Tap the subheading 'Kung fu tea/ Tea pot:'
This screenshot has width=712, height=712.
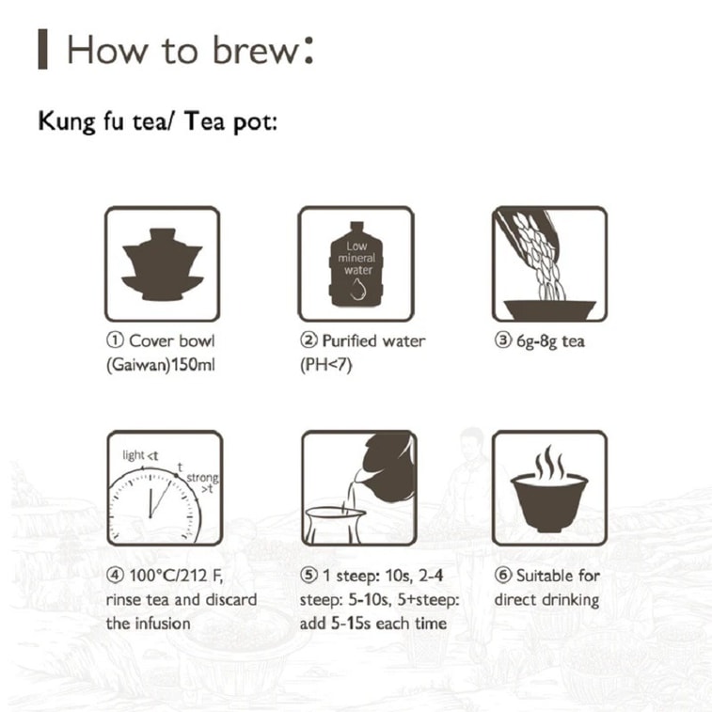click(x=157, y=122)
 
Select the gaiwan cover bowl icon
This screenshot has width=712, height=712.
click(x=163, y=264)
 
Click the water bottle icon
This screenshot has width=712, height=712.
click(x=356, y=264)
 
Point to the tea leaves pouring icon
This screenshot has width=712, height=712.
click(x=549, y=264)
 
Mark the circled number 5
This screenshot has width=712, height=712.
click(x=308, y=575)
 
